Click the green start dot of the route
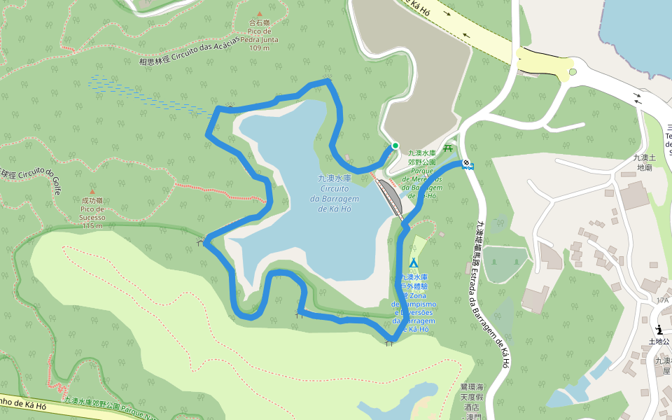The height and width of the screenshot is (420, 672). (395, 146)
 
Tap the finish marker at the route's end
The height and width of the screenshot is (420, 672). (468, 166)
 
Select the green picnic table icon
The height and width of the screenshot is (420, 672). (447, 148)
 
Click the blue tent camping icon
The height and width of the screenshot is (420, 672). (413, 263)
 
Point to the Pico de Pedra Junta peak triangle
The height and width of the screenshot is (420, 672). (259, 14)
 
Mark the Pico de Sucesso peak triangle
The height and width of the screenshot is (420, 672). (92, 191)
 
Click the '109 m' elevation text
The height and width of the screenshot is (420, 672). (259, 48)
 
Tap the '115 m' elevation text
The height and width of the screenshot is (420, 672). (92, 225)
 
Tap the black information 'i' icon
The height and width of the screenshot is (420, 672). (659, 330)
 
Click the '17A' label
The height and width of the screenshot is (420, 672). (662, 300)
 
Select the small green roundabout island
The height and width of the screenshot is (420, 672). (573, 71)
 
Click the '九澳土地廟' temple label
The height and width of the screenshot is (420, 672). (642, 162)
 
